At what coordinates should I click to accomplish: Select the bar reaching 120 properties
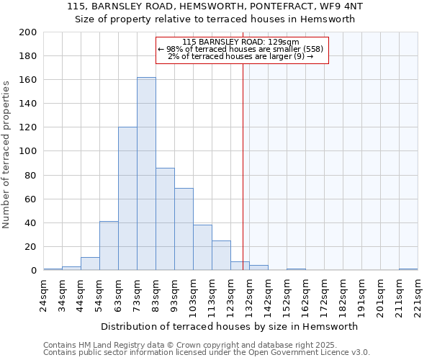pos(127,199)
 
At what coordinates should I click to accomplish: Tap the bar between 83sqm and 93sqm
pos(165,219)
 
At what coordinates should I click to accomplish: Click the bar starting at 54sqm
pos(109,246)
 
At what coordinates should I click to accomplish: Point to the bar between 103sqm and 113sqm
pos(202,248)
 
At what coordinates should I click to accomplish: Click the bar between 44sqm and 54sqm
pos(90,264)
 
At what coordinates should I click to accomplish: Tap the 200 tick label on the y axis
pos(28,32)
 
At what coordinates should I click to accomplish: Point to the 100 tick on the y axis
pos(28,151)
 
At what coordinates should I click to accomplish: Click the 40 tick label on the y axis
pos(31,222)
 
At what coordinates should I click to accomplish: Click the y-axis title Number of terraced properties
pos(7,154)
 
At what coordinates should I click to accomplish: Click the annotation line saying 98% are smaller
pos(241,49)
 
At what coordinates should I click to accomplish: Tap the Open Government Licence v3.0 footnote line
pos(207,353)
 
